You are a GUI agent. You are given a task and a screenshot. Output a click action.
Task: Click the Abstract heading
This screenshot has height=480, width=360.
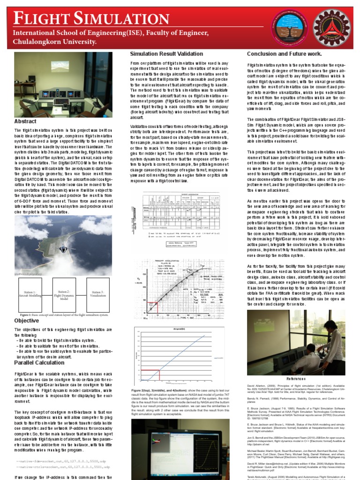pyautogui.click(x=25, y=121)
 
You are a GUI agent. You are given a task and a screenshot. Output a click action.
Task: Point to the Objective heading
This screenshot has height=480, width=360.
pyautogui.click(x=26, y=321)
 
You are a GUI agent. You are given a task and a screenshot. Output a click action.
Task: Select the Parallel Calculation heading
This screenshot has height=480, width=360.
pyautogui.click(x=40, y=362)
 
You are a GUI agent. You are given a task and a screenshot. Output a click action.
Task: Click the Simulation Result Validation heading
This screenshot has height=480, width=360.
pyautogui.click(x=166, y=54)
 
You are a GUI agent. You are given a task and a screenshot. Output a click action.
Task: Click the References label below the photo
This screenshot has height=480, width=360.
pyautogui.click(x=296, y=379)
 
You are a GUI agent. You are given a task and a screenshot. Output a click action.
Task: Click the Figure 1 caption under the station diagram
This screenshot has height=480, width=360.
pyautogui.click(x=64, y=315)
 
